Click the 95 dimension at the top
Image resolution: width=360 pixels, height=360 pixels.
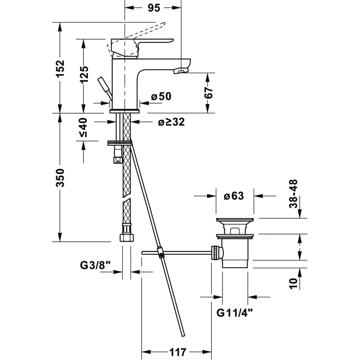[153, 8]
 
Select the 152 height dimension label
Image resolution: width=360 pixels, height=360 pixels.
[61, 68]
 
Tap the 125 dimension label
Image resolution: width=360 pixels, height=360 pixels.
[84, 75]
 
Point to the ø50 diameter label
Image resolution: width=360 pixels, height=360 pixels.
[161, 97]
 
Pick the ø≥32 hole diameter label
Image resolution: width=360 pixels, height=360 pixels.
[171, 122]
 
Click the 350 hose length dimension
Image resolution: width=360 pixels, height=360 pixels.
[61, 178]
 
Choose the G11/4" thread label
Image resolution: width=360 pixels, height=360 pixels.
[235, 312]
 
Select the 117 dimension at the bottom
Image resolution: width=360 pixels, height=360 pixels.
[177, 352]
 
